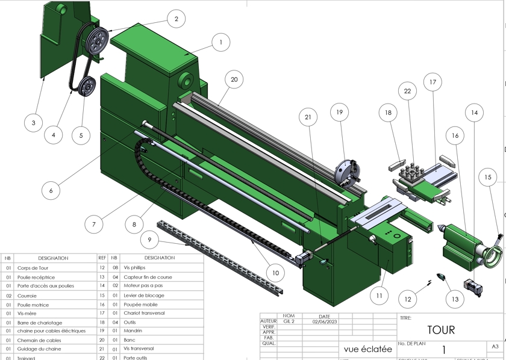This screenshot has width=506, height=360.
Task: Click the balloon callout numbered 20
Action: tap(234, 79)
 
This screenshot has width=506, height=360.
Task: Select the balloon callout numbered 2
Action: tap(176, 19)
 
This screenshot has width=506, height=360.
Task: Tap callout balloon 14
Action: tap(475, 113)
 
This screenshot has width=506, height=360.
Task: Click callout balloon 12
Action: tap(408, 299)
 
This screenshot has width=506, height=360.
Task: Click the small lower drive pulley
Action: tap(87, 86)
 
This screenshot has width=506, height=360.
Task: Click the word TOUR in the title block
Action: tap(441, 329)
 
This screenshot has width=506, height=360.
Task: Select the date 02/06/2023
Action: tap(324, 321)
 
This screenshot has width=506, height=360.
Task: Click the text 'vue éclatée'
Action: tap(369, 349)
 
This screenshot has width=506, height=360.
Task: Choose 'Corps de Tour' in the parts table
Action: tap(33, 268)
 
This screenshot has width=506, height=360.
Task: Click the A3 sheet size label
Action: tap(495, 346)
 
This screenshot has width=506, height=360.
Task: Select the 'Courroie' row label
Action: tap(27, 296)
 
